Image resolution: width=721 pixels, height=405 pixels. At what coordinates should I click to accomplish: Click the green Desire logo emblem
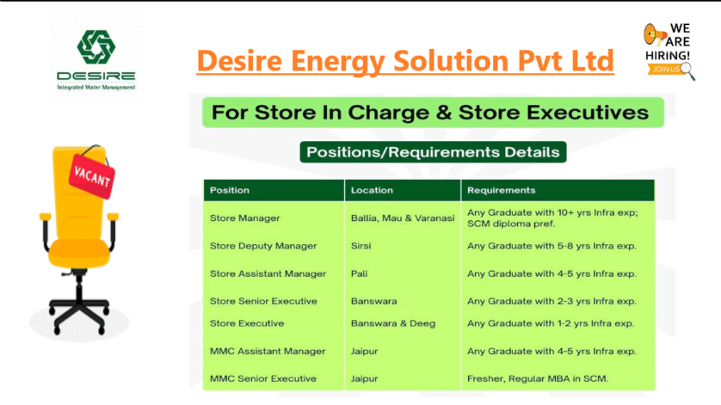pyautogui.click(x=96, y=47)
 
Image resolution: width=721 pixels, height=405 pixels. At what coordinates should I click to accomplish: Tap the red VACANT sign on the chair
pyautogui.click(x=92, y=175)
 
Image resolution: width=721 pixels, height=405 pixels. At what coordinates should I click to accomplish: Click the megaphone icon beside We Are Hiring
pyautogui.click(x=655, y=34)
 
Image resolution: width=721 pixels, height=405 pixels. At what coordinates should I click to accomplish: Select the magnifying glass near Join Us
pyautogui.click(x=688, y=71)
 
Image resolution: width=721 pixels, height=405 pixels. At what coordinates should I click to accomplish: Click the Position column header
pyautogui.click(x=230, y=190)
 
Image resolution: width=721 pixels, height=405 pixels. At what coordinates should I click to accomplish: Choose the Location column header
pyautogui.click(x=372, y=190)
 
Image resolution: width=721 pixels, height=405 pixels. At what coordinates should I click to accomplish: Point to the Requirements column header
pyautogui.click(x=502, y=190)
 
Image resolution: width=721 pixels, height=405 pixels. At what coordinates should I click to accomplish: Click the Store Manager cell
pyautogui.click(x=244, y=218)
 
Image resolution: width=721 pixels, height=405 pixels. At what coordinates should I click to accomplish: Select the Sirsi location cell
pyautogui.click(x=361, y=246)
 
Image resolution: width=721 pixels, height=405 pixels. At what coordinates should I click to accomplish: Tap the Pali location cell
pyautogui.click(x=359, y=273)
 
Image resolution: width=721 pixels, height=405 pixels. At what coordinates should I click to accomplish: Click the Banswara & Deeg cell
pyautogui.click(x=393, y=323)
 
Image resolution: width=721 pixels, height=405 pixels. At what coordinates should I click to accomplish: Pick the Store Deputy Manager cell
pyautogui.click(x=263, y=246)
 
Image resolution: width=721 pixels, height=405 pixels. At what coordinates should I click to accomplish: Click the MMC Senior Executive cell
pyautogui.click(x=263, y=379)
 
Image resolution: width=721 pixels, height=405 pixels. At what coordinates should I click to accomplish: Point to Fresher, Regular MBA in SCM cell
pyautogui.click(x=538, y=379)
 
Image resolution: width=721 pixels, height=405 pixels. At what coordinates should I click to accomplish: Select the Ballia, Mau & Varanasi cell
pyautogui.click(x=403, y=218)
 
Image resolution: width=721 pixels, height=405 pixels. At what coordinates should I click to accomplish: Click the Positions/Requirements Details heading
pyautogui.click(x=433, y=152)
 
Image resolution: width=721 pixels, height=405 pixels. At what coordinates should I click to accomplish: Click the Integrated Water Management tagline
pyautogui.click(x=96, y=87)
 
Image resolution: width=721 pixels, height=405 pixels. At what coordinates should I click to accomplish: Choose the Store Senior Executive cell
pyautogui.click(x=263, y=301)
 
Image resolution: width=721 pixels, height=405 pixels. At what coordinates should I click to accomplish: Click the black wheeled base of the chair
pyautogui.click(x=79, y=309)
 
